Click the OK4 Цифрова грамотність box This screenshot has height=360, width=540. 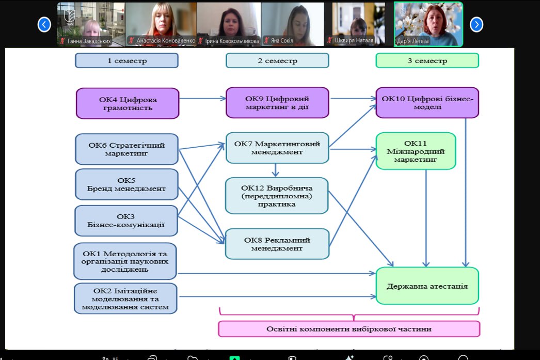pyautogui.click(x=128, y=103)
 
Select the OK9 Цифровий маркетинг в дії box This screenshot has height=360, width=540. pyautogui.click(x=277, y=102)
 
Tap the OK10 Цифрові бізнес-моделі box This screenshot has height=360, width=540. pyautogui.click(x=427, y=102)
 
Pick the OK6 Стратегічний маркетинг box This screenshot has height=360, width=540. pyautogui.click(x=127, y=149)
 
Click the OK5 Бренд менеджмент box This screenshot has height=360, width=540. pyautogui.click(x=127, y=184)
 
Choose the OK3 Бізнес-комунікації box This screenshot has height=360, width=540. pyautogui.click(x=126, y=221)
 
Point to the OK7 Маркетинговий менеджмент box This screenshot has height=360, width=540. pyautogui.click(x=277, y=148)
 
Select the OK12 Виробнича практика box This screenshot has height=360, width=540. pyautogui.click(x=277, y=195)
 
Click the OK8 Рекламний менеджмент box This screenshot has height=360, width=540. pyautogui.click(x=277, y=244)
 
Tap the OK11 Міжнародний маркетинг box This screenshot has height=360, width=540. pyautogui.click(x=416, y=151)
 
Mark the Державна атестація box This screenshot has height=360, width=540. pyautogui.click(x=427, y=286)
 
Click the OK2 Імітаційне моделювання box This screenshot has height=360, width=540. pyautogui.click(x=126, y=299)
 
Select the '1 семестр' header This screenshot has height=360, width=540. pyautogui.click(x=127, y=60)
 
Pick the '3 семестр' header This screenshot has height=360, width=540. pyautogui.click(x=427, y=60)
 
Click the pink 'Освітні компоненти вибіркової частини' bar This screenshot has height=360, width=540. pyautogui.click(x=349, y=329)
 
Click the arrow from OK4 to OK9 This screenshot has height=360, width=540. pyautogui.click(x=202, y=98)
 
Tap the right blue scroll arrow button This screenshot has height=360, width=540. pyautogui.click(x=476, y=24)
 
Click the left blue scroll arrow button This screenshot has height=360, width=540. pyautogui.click(x=44, y=24)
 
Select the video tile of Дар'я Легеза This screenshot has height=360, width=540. pyautogui.click(x=428, y=24)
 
